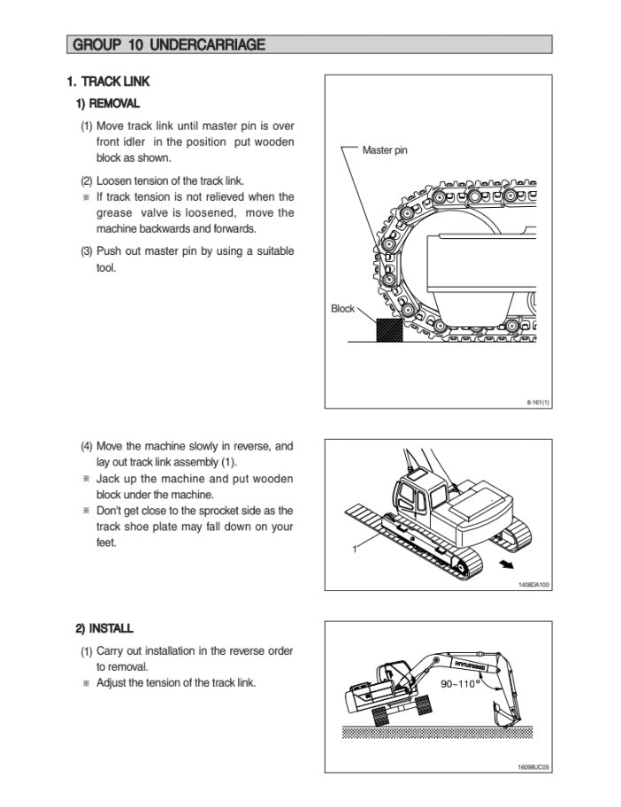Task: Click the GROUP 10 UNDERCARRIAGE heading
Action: tap(168, 44)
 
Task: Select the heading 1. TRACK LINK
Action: tap(109, 81)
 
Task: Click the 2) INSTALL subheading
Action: tap(104, 628)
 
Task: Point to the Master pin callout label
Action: tap(385, 150)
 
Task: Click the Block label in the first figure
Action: tap(342, 309)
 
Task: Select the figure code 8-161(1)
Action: tap(538, 403)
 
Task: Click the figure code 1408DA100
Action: tap(533, 584)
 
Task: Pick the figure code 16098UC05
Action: tap(533, 766)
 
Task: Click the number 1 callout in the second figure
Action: tap(354, 550)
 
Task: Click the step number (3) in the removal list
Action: tap(87, 251)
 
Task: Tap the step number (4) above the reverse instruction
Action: tap(87, 447)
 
